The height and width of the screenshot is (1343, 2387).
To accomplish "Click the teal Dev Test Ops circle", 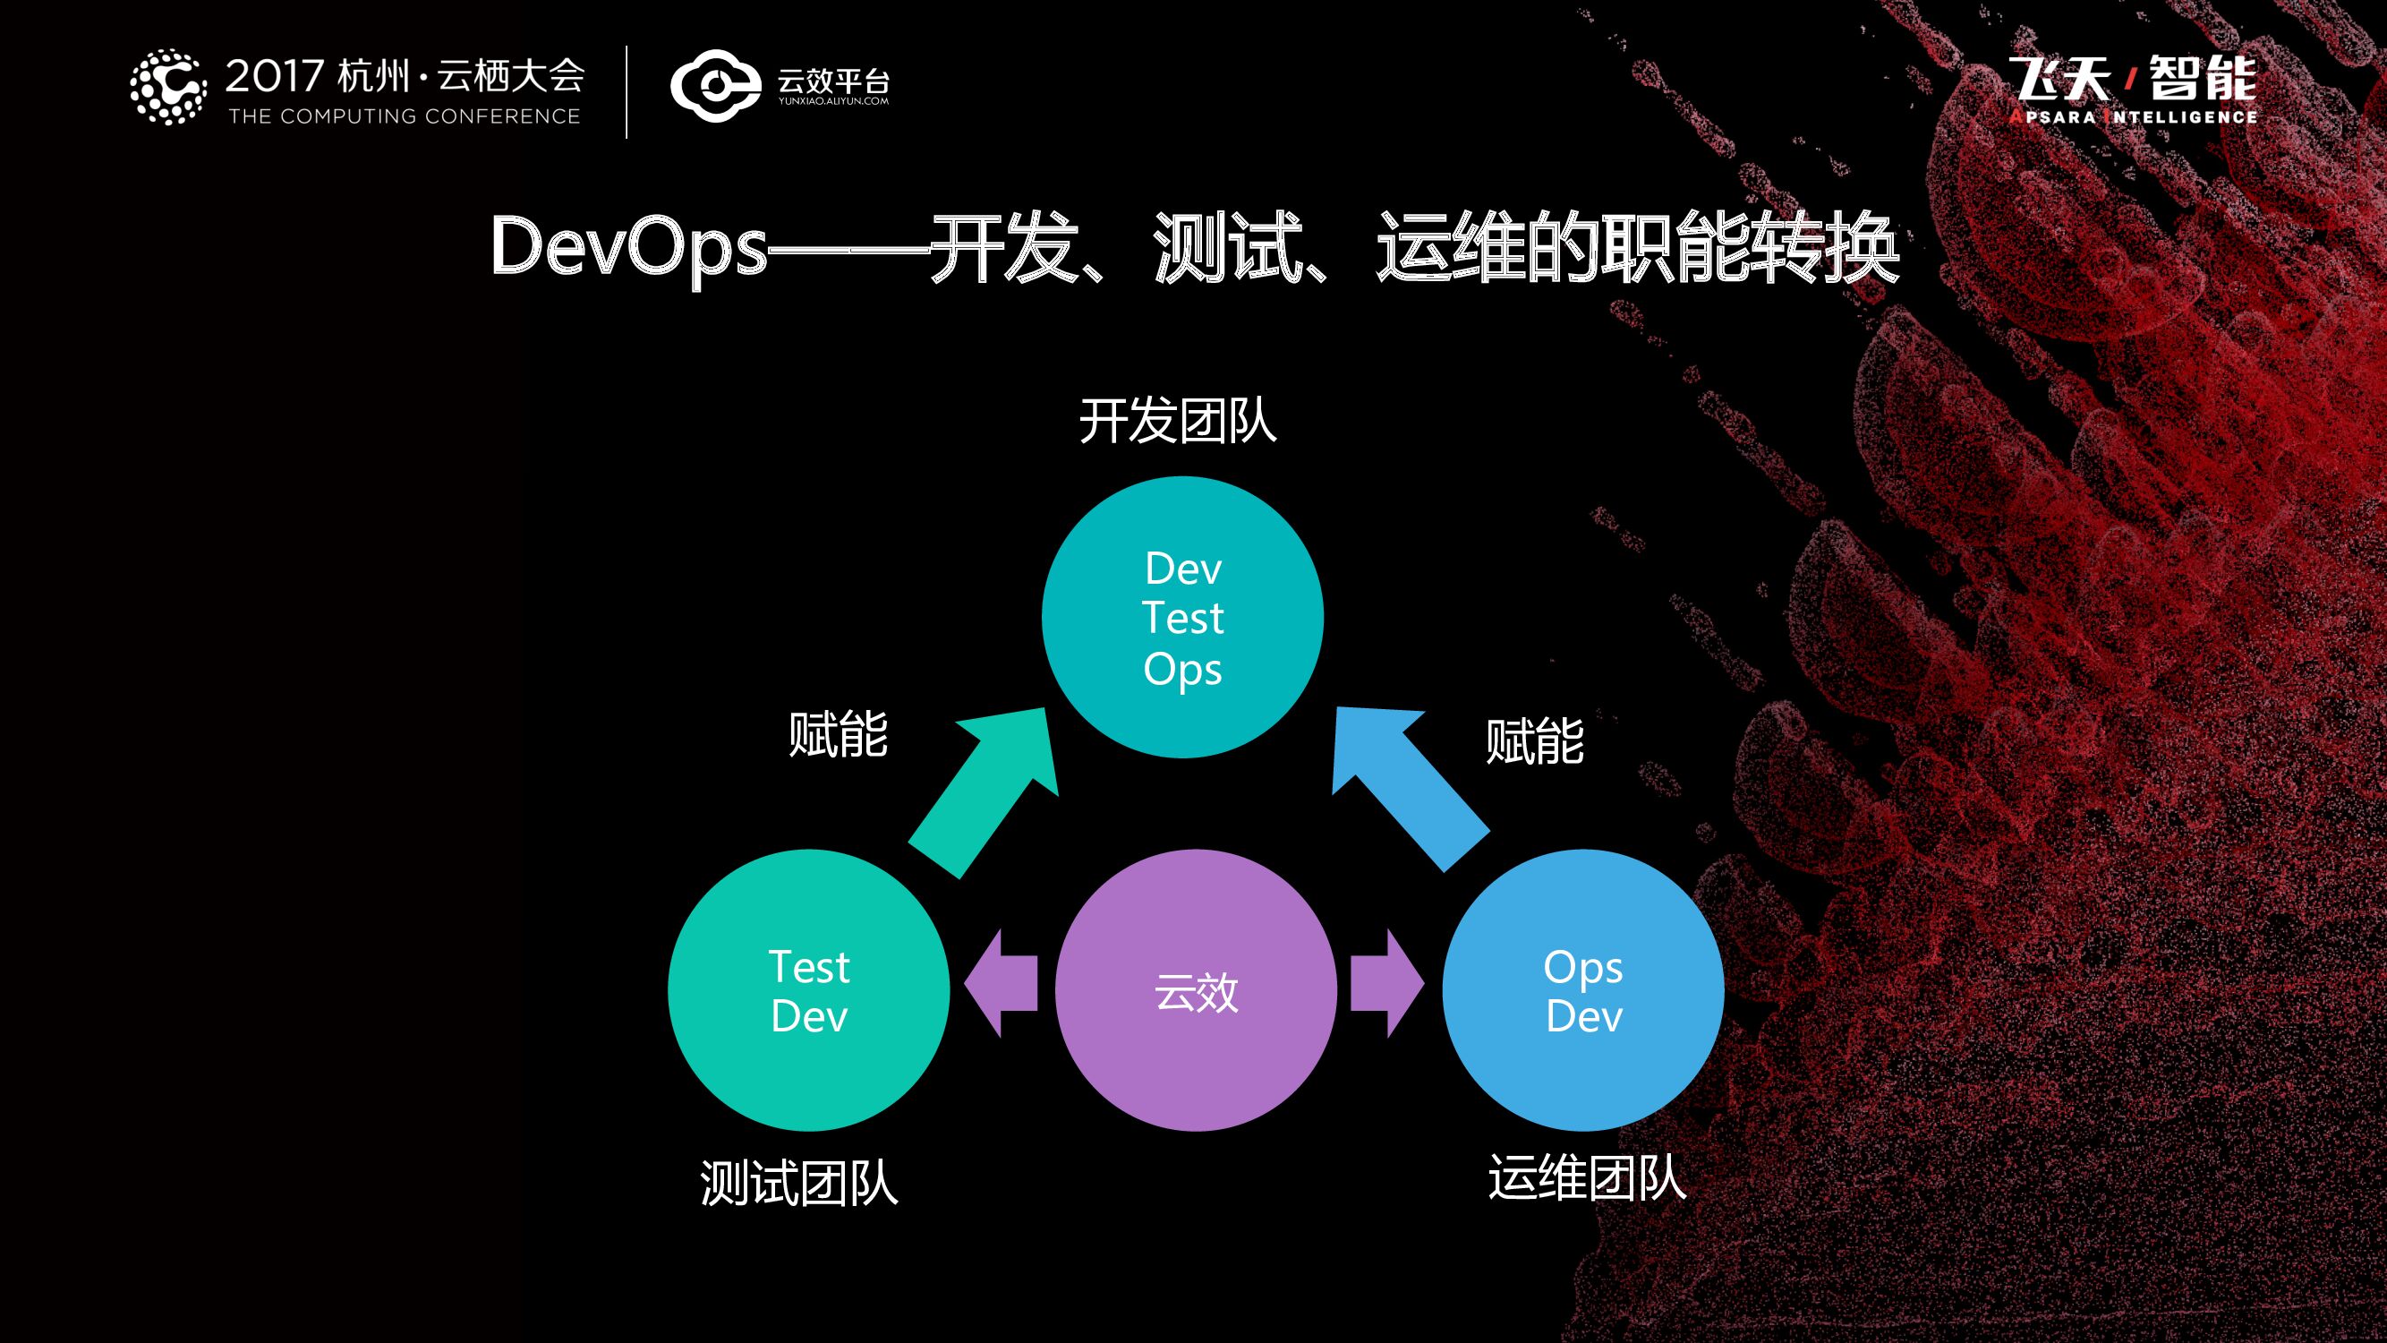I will pyautogui.click(x=1182, y=617).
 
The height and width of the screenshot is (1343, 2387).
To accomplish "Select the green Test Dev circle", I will pyautogui.click(x=808, y=990).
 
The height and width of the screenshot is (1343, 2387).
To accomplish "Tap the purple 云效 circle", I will pyautogui.click(x=1196, y=990).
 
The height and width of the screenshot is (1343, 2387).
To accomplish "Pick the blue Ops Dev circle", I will pyautogui.click(x=1582, y=990).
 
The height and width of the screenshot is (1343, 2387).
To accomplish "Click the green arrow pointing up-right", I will pyautogui.click(x=982, y=793).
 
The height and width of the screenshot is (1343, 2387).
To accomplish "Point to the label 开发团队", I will pyautogui.click(x=1178, y=423).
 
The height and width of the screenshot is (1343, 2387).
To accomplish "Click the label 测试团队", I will pyautogui.click(x=798, y=1184).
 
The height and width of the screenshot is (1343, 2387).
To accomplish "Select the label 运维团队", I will pyautogui.click(x=1586, y=1178).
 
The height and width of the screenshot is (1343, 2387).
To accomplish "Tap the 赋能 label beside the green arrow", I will pyautogui.click(x=838, y=735).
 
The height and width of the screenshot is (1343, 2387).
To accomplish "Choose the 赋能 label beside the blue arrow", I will pyautogui.click(x=1534, y=741).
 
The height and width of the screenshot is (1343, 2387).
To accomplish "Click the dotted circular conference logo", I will pyautogui.click(x=167, y=87).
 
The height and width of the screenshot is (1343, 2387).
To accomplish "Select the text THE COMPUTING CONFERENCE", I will pyautogui.click(x=404, y=116).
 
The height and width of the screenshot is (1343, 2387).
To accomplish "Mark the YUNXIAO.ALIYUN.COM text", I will pyautogui.click(x=833, y=101).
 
